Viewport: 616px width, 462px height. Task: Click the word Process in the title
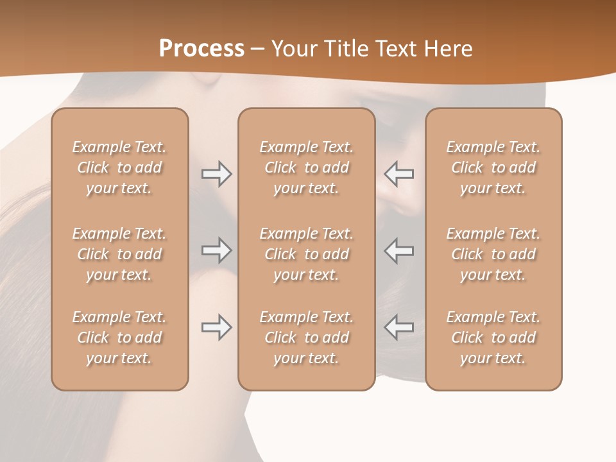coord(201,49)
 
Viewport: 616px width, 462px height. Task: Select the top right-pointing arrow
coord(216,174)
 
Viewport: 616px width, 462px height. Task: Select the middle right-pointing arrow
coord(216,250)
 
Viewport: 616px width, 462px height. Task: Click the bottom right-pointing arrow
coord(216,327)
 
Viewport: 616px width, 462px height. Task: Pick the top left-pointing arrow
coord(399,174)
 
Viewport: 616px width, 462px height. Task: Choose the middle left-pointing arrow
coord(399,250)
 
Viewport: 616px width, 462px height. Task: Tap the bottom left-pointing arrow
coord(399,327)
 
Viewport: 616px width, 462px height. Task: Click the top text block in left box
coord(119,167)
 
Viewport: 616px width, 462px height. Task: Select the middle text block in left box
coord(119,254)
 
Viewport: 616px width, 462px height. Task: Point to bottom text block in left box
coord(119,338)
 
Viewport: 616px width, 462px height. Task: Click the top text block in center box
coord(307,167)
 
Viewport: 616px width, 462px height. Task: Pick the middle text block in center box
coord(307,254)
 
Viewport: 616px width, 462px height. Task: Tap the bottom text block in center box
coord(307,338)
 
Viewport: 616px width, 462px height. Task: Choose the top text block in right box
coord(493,167)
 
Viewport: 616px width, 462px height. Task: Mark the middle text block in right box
coord(493,254)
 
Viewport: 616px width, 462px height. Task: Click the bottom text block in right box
coord(493,338)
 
